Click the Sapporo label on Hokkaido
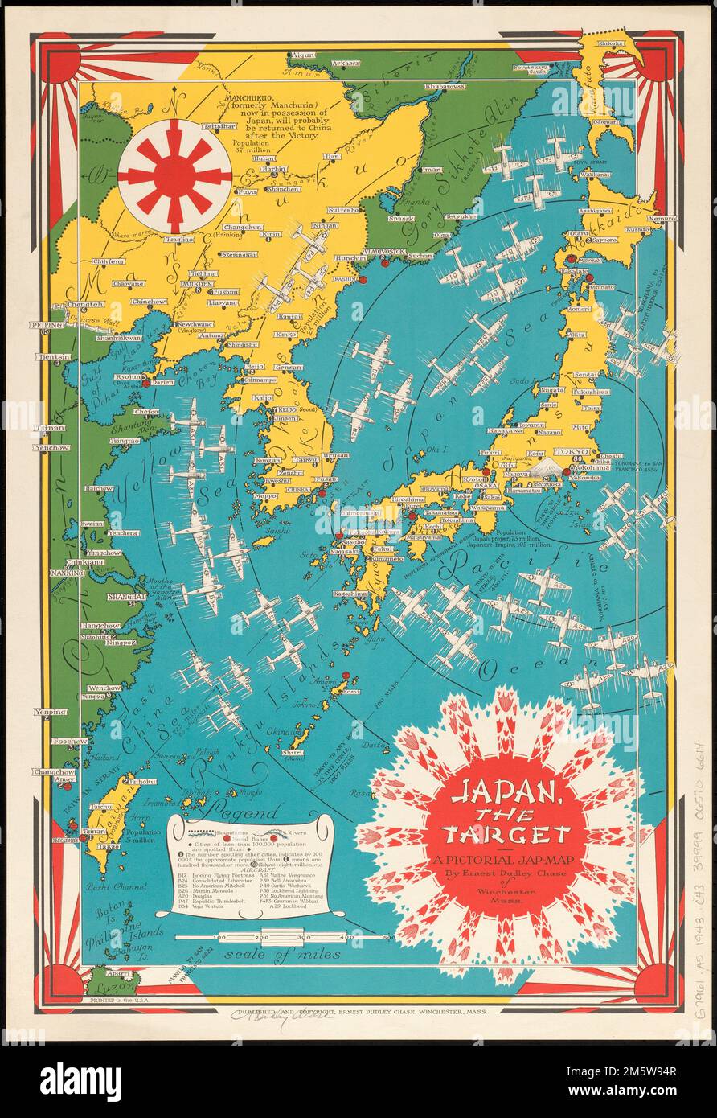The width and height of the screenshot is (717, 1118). pyautogui.click(x=604, y=240)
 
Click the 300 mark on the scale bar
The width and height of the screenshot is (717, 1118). pyautogui.click(x=305, y=938)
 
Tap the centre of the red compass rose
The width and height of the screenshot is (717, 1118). pyautogui.click(x=174, y=176)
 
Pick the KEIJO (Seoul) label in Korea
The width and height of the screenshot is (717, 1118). pyautogui.click(x=283, y=409)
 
